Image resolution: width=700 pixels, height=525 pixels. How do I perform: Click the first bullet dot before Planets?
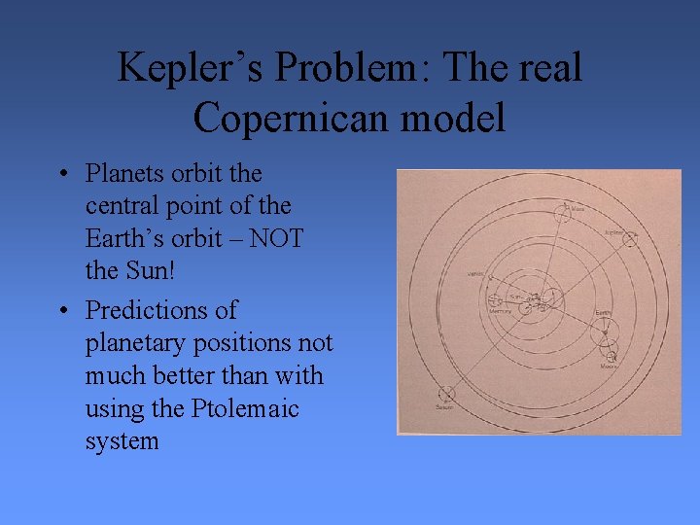(x=62, y=175)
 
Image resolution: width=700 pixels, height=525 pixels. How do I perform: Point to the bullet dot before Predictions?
(x=62, y=312)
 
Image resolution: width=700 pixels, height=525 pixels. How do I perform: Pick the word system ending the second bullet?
(x=122, y=442)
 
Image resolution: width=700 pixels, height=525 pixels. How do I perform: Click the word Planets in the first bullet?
(x=125, y=174)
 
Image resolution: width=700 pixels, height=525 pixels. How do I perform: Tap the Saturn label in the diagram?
(x=444, y=408)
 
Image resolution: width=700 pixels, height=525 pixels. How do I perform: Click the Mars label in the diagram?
(x=577, y=208)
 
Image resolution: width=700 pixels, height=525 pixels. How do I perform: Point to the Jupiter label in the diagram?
(x=614, y=232)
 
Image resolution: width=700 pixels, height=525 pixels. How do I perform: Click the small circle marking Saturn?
(x=445, y=395)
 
